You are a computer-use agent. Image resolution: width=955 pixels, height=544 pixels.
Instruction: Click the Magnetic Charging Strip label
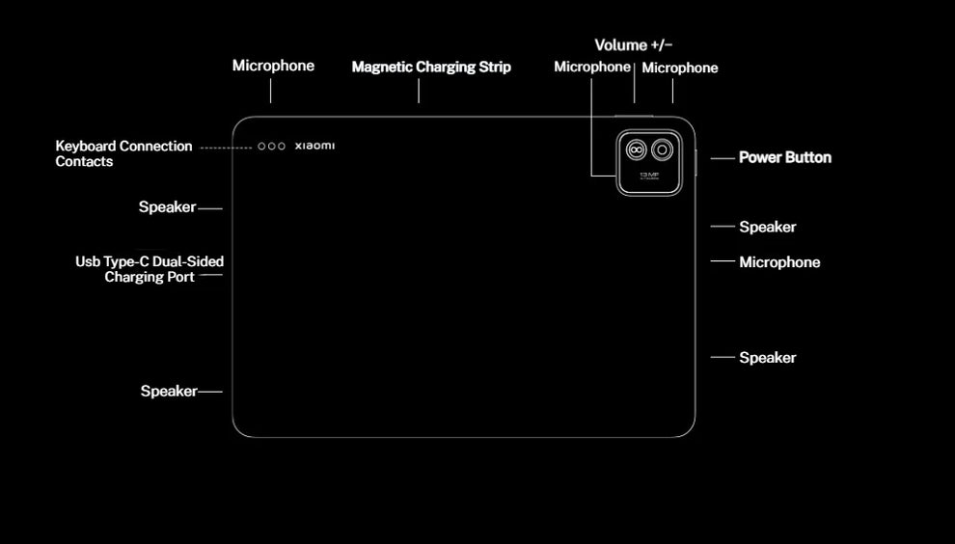pos(431,68)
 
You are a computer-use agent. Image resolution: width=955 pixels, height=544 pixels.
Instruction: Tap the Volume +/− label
pos(633,45)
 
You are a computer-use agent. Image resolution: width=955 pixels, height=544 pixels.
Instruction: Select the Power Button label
pos(784,157)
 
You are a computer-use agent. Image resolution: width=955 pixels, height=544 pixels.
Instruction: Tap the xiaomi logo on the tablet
pos(314,147)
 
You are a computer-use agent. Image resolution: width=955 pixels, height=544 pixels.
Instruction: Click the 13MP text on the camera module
pos(649,175)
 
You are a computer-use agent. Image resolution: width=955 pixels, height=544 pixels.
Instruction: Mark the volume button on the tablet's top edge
pos(633,116)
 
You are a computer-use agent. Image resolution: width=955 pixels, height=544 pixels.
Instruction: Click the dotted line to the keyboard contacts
pos(226,148)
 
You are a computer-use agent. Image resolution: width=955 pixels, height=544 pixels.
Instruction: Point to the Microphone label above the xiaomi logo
pos(273,66)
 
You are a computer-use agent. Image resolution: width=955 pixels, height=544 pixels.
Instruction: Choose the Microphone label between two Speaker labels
pos(779,262)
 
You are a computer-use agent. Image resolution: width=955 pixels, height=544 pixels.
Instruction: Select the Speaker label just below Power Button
pos(767,228)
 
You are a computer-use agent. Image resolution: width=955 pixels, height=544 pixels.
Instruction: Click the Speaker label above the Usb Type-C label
pos(167,207)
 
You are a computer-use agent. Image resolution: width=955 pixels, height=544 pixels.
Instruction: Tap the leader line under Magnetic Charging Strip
pos(419,90)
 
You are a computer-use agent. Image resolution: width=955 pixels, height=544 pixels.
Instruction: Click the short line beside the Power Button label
pos(723,158)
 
